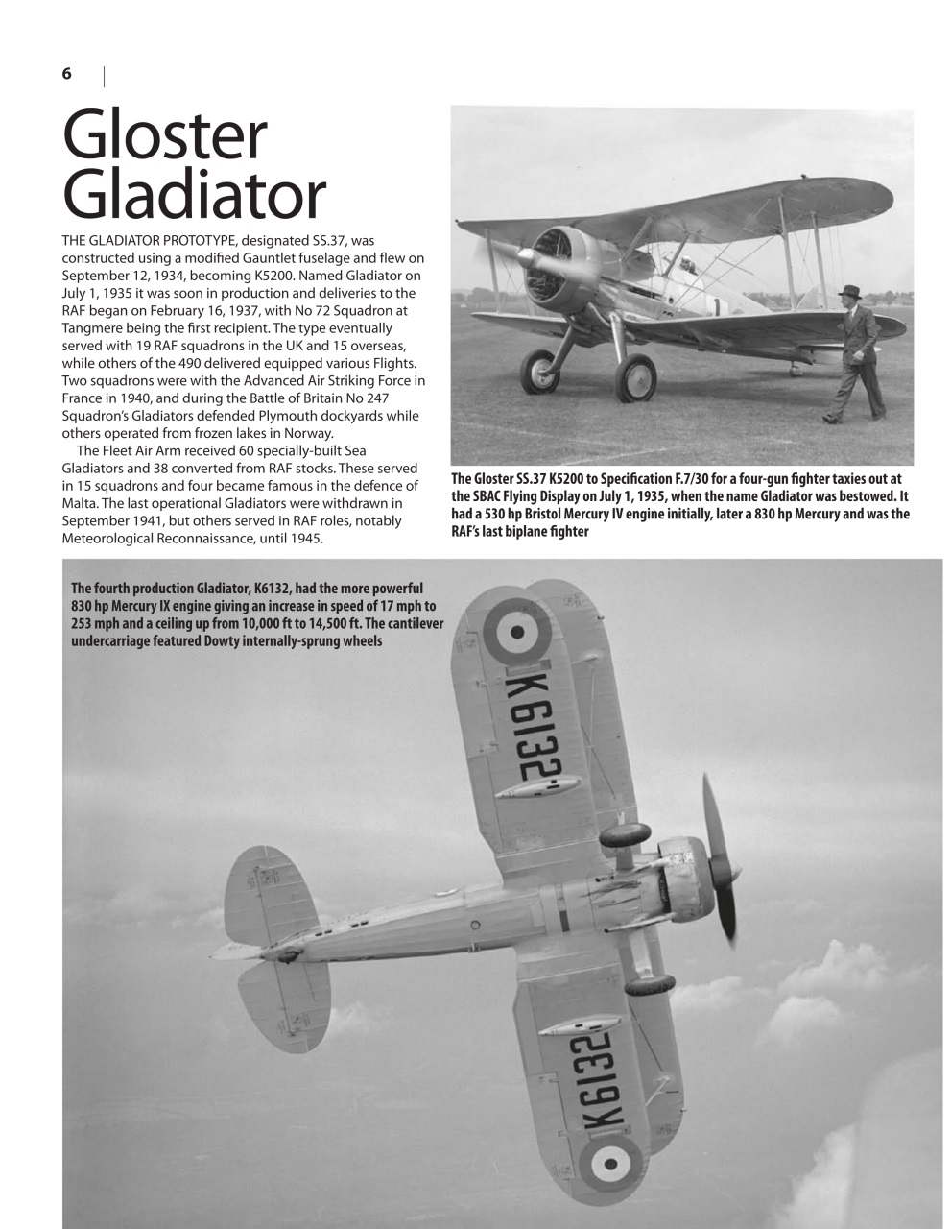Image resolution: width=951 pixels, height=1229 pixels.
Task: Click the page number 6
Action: [67, 74]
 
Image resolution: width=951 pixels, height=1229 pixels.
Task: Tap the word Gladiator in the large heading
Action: [194, 195]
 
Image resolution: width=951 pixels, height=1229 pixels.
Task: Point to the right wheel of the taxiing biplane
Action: [635, 377]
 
